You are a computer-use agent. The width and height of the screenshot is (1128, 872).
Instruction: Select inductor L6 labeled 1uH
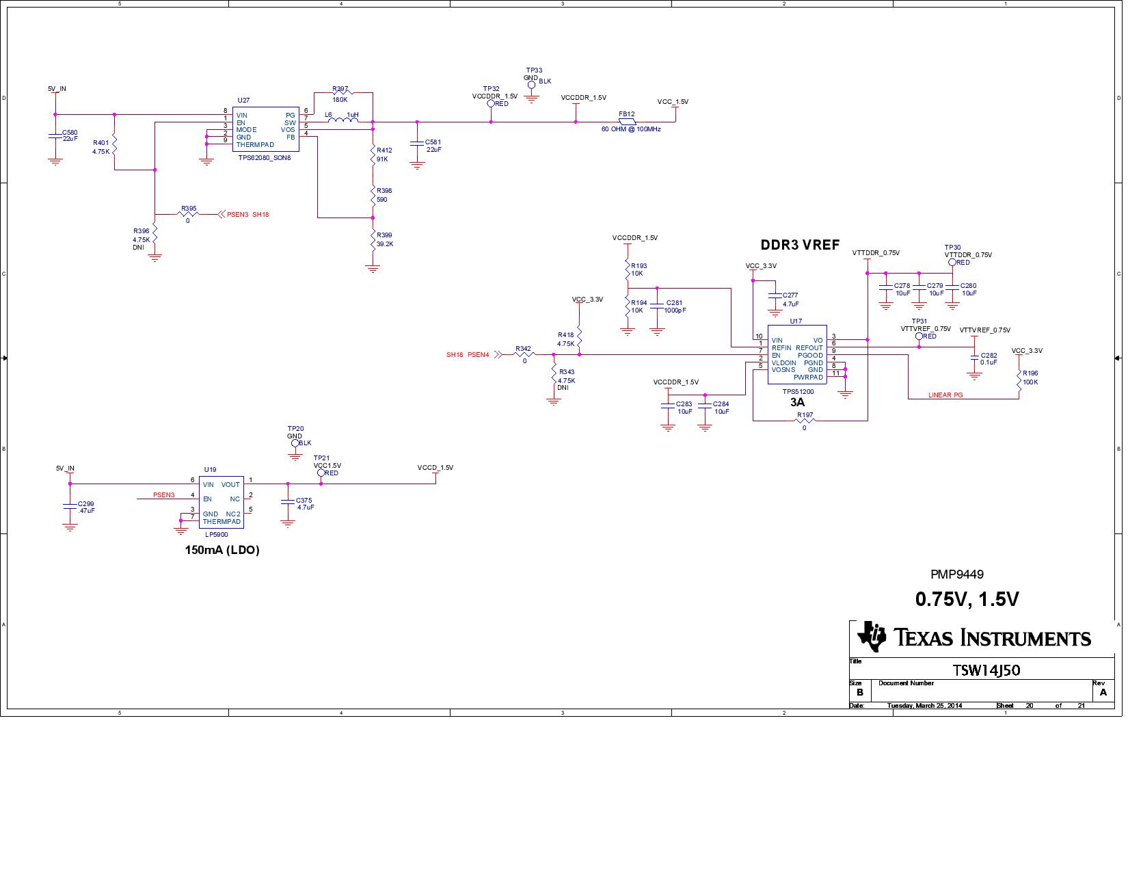point(343,122)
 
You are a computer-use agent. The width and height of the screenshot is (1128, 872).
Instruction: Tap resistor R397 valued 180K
point(340,92)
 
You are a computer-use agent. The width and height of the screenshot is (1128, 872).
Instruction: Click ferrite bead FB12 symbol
point(627,122)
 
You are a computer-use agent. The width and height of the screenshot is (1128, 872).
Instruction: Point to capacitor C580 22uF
point(55,136)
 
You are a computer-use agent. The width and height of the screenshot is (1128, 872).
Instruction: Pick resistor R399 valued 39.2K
point(373,239)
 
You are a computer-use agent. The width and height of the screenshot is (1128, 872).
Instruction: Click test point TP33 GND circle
point(531,85)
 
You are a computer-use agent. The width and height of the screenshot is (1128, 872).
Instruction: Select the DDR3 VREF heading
point(799,246)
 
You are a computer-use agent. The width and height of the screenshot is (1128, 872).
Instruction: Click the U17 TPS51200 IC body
point(796,354)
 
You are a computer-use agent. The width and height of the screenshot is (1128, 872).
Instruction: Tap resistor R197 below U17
point(805,421)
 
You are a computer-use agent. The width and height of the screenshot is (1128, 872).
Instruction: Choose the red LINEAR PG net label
point(945,395)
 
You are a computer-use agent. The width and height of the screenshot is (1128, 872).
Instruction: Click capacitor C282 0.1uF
point(974,359)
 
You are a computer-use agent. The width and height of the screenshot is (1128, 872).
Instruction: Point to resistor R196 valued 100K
point(1019,378)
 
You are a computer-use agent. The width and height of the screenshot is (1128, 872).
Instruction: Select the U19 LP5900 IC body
point(221,502)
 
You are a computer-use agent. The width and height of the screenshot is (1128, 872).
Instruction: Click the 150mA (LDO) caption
point(222,550)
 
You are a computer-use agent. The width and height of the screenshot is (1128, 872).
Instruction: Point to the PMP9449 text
point(956,574)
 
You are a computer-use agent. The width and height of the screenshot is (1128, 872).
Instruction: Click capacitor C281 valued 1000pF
point(657,306)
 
